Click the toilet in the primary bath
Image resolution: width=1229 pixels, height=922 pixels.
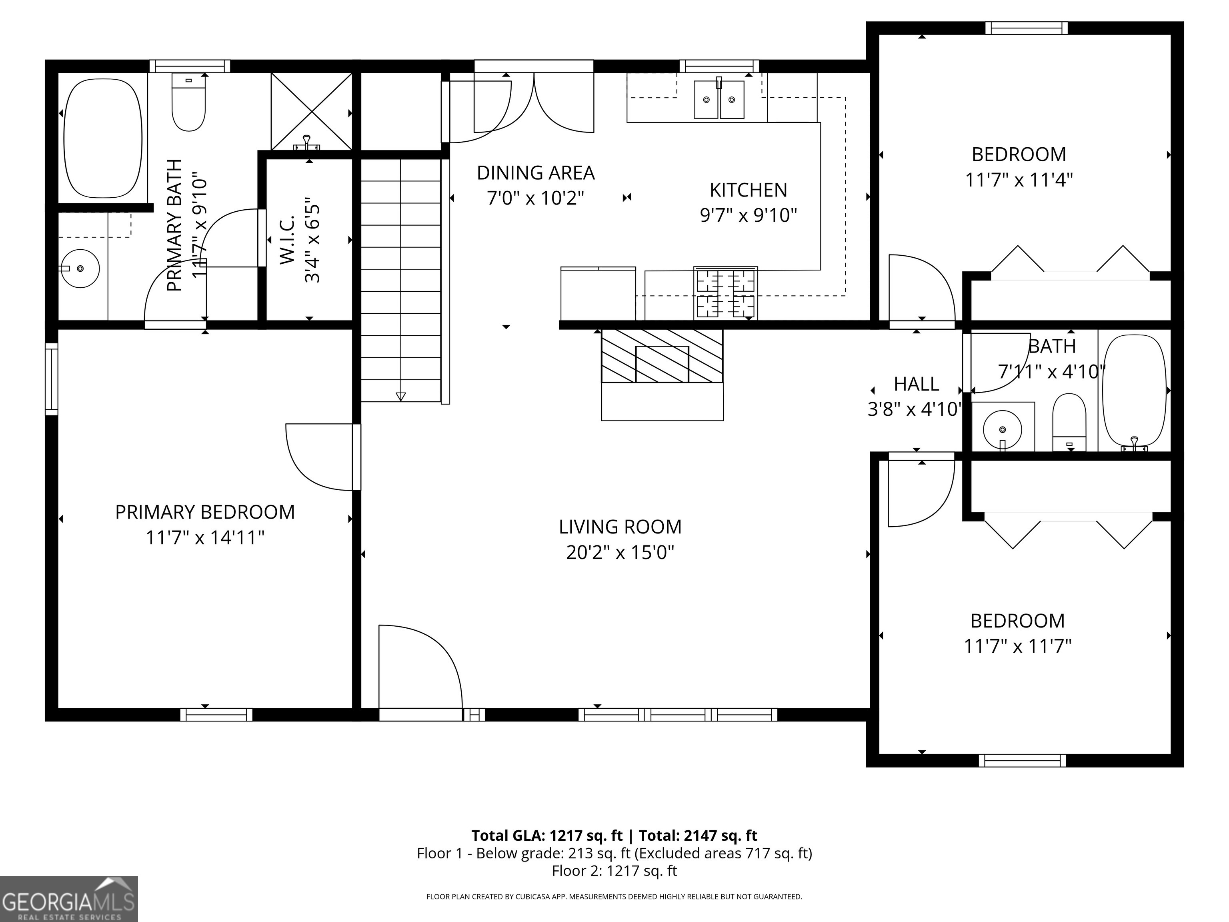[x=189, y=103]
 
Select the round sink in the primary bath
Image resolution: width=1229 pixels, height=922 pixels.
[x=80, y=269]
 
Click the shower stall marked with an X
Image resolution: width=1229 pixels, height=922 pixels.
[x=312, y=111]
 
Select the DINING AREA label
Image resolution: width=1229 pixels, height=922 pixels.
[x=536, y=173]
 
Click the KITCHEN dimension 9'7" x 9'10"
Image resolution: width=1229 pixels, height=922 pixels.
[x=749, y=215]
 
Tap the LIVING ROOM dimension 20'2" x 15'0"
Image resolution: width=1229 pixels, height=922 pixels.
[x=620, y=552]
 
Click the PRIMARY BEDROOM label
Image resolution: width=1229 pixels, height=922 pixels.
[x=204, y=512]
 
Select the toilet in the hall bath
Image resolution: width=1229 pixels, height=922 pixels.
[x=1069, y=422]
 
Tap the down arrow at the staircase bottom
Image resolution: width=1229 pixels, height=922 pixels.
[x=400, y=396]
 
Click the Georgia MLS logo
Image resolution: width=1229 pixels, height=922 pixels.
[x=68, y=899]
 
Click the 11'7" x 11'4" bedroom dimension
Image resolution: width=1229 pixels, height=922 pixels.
[x=1019, y=180]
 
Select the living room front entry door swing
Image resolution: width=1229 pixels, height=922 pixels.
[x=420, y=667]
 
